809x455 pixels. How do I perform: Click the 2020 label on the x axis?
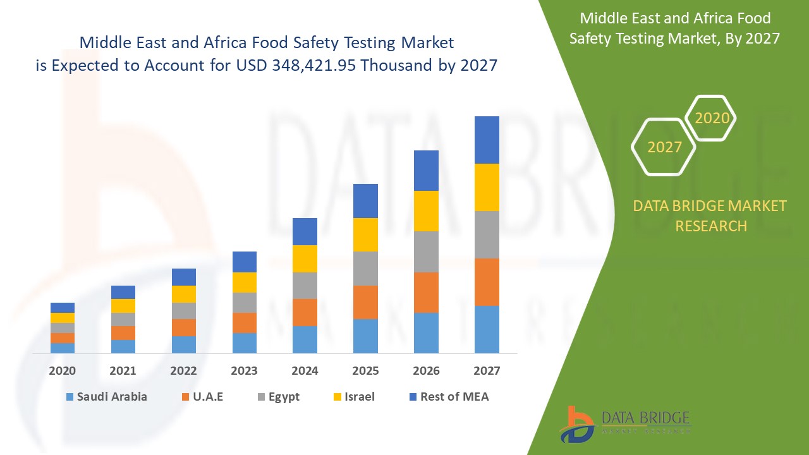pyautogui.click(x=62, y=370)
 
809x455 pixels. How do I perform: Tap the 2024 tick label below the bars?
pyautogui.click(x=305, y=370)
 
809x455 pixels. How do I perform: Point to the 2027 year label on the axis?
pyautogui.click(x=487, y=370)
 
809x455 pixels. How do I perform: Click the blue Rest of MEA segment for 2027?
pyautogui.click(x=487, y=140)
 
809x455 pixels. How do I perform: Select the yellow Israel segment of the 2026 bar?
pyautogui.click(x=426, y=211)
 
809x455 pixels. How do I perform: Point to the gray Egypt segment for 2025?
pyautogui.click(x=365, y=269)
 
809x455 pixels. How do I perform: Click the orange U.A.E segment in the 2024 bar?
pyautogui.click(x=305, y=312)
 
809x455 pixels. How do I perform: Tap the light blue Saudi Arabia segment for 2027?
pyautogui.click(x=487, y=329)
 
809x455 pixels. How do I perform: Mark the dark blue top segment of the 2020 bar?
pyautogui.click(x=62, y=308)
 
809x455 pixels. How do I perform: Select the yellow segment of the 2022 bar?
pyautogui.click(x=183, y=294)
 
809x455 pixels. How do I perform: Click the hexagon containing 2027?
pyautogui.click(x=664, y=147)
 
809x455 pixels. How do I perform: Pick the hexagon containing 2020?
pyautogui.click(x=711, y=118)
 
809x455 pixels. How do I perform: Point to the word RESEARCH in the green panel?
pyautogui.click(x=711, y=226)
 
